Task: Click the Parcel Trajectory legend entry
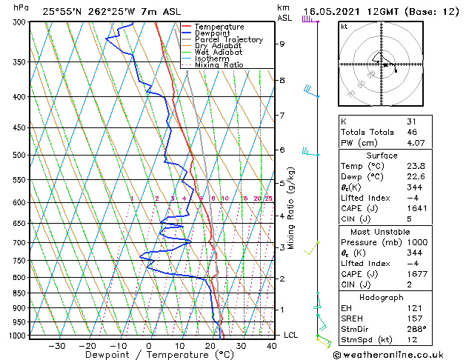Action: pos(228,39)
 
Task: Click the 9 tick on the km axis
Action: pos(282,44)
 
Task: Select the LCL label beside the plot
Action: pos(291,335)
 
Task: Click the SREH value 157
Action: pos(413,319)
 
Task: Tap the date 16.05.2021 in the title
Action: pos(334,11)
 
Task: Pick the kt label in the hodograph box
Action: pos(344,26)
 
